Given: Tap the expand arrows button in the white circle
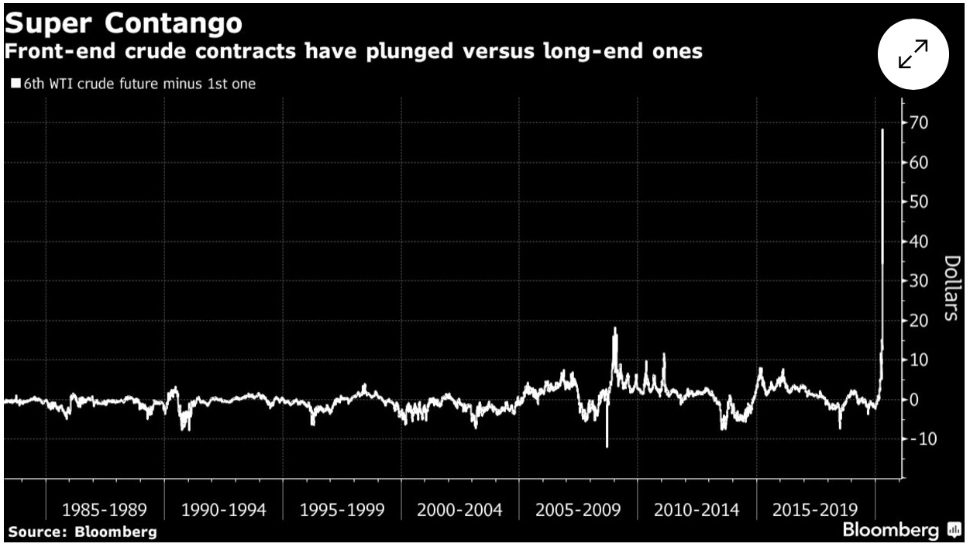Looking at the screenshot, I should tap(913, 55).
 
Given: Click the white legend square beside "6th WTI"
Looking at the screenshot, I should tap(15, 84).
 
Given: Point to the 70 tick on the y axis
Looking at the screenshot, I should tap(921, 123).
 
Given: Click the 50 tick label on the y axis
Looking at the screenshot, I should tap(921, 202).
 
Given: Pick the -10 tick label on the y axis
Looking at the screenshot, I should tap(919, 439).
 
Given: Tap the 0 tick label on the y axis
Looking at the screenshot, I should tap(914, 400).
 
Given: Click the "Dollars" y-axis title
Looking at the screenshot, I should tap(953, 287).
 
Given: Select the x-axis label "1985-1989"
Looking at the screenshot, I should tap(105, 511).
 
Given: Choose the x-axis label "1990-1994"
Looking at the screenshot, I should tap(223, 511).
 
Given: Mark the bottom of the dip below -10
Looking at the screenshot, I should tap(607, 446).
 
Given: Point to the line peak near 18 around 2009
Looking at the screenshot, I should tap(615, 329).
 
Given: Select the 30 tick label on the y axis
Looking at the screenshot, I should tap(921, 281).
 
